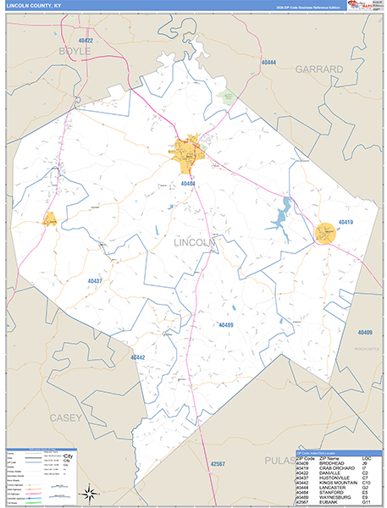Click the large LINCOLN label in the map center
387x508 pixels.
coord(196,243)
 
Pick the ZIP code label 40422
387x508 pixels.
coord(81,41)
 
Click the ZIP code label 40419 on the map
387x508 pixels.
coord(346,222)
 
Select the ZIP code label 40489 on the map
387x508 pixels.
coord(226,325)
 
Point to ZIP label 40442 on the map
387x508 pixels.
coord(138,357)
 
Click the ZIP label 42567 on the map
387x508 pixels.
coord(218,464)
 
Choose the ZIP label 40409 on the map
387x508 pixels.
coord(364,332)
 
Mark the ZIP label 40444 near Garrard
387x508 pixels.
coord(268,63)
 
